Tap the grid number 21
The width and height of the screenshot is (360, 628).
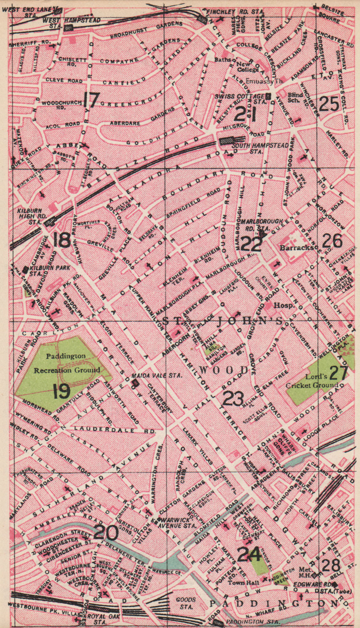(x=246, y=114)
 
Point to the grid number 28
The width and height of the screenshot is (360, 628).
(x=331, y=566)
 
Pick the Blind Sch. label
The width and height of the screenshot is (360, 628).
(x=295, y=97)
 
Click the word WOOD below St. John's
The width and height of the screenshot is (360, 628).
(x=225, y=370)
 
